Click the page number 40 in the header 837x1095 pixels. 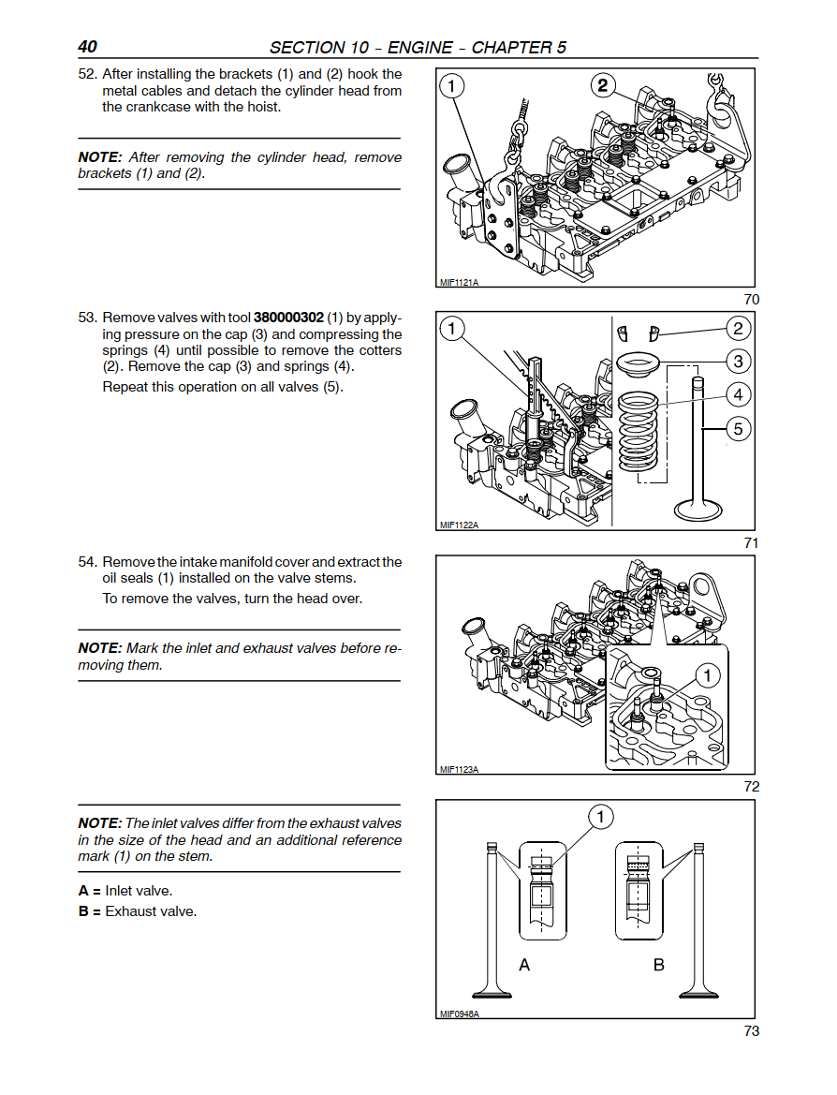[88, 47]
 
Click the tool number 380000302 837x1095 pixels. [288, 318]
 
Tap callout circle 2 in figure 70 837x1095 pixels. [603, 86]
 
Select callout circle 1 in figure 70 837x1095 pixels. [451, 87]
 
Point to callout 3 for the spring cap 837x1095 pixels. [738, 361]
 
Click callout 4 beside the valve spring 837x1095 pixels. [738, 394]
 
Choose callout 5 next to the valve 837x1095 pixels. [738, 429]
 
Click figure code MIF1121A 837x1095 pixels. [458, 282]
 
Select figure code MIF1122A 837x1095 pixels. [458, 525]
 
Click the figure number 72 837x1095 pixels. [751, 787]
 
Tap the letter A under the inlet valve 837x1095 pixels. [524, 965]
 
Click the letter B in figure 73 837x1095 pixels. [658, 965]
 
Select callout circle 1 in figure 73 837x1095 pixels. [600, 818]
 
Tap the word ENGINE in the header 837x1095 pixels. [422, 47]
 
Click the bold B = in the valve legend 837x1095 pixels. [90, 911]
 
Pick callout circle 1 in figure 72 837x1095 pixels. [707, 675]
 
